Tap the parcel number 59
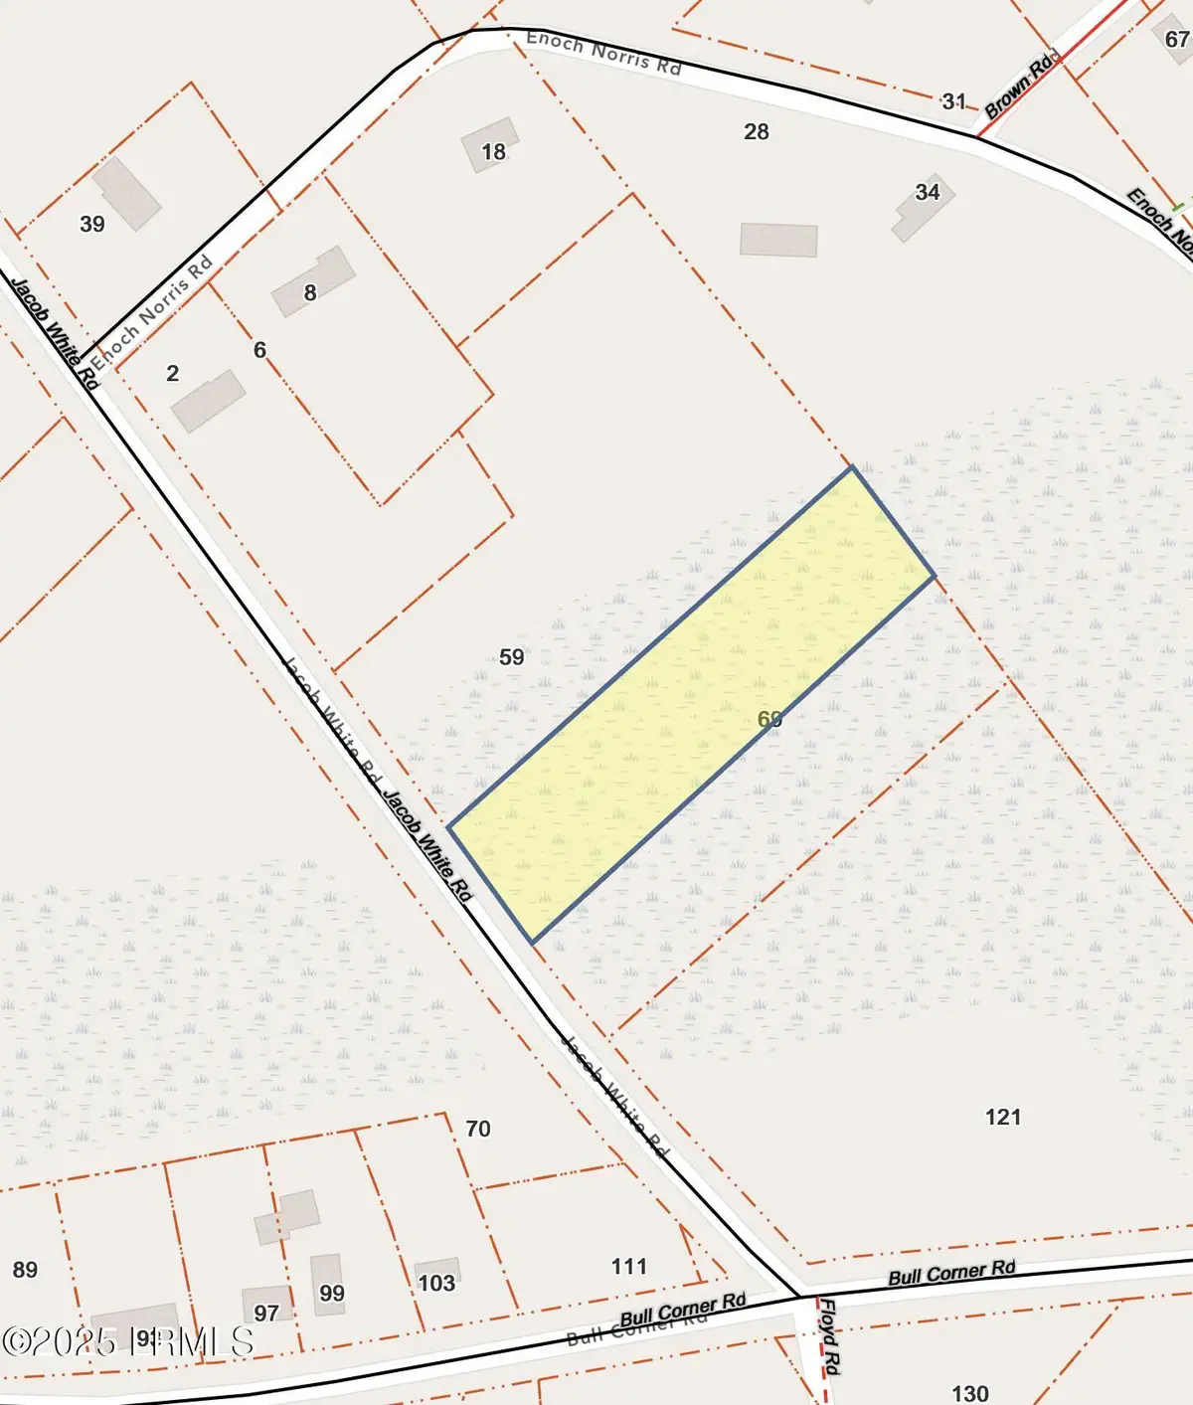pyautogui.click(x=512, y=657)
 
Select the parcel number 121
pyautogui.click(x=1003, y=1118)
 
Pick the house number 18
pyautogui.click(x=493, y=152)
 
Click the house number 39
pyautogui.click(x=92, y=225)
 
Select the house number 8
pyautogui.click(x=310, y=292)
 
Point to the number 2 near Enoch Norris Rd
pyautogui.click(x=173, y=373)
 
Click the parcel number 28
pyautogui.click(x=757, y=131)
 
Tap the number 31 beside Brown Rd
pyautogui.click(x=954, y=101)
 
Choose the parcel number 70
pyautogui.click(x=478, y=1129)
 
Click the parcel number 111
pyautogui.click(x=629, y=1266)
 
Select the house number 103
pyautogui.click(x=436, y=1283)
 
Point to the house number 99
pyautogui.click(x=332, y=1294)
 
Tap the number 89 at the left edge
pyautogui.click(x=26, y=1270)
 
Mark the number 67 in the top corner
pyautogui.click(x=1177, y=39)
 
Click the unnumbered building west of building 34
pyautogui.click(x=778, y=241)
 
